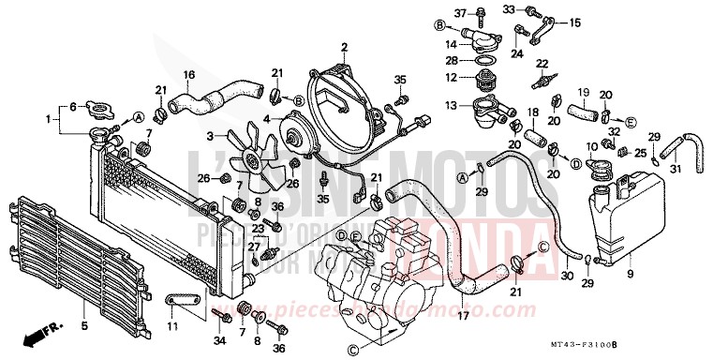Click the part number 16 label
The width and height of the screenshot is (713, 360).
pyautogui.click(x=188, y=74)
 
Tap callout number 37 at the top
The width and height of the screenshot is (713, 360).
pyautogui.click(x=459, y=12)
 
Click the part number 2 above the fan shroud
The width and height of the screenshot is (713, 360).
pyautogui.click(x=344, y=47)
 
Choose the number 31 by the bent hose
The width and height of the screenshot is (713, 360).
pyautogui.click(x=676, y=169)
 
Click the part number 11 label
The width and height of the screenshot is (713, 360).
pyautogui.click(x=172, y=325)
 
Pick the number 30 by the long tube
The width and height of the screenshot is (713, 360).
pyautogui.click(x=565, y=277)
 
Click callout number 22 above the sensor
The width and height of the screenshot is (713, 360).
pyautogui.click(x=541, y=63)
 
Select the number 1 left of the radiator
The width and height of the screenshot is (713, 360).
pyautogui.click(x=50, y=119)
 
